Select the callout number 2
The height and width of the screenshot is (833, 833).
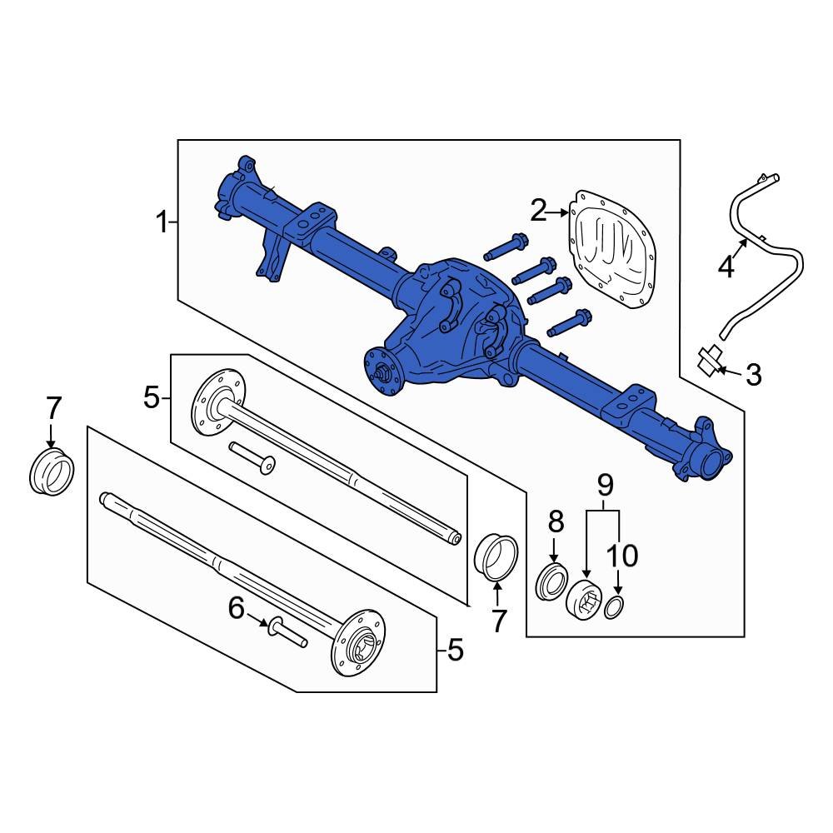coord(538,212)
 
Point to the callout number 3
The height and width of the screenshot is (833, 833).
coord(753,375)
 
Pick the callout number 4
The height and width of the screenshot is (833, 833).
coord(726,267)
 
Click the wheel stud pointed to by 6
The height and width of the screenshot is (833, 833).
coord(286,632)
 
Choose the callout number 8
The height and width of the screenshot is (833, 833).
coord(556,522)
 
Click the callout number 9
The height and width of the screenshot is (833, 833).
coord(605,484)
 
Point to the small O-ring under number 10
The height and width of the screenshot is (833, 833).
coord(614,608)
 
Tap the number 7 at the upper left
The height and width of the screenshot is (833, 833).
coord(52,408)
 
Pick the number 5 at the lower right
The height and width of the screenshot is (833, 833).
coord(455,650)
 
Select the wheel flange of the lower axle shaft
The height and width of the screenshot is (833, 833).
coord(362,645)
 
